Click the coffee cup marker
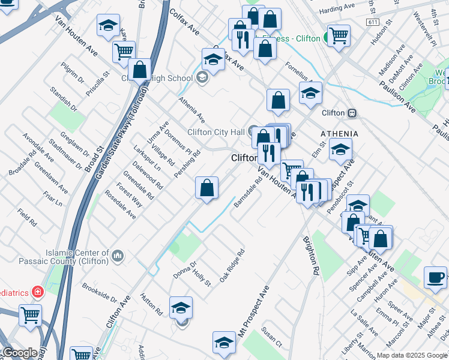(435, 278)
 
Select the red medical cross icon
(38, 292)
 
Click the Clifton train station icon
(353, 113)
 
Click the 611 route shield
(373, 22)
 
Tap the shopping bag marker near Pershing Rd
(206, 188)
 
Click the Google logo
(20, 353)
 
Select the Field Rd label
(27, 217)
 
